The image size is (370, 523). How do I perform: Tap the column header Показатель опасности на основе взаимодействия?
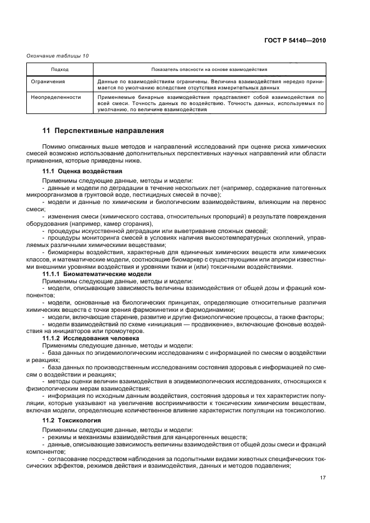pos(209,70)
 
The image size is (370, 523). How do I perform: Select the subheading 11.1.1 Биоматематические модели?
pos(97,274)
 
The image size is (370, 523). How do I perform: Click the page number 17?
pos(322,478)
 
